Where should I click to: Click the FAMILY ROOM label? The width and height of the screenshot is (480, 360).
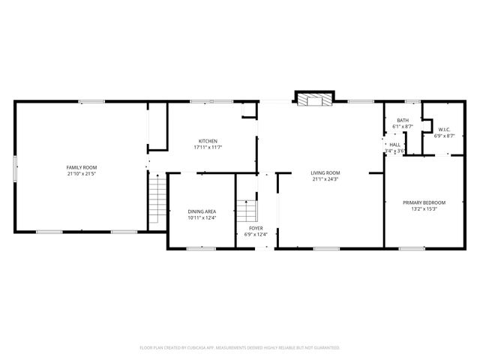(81, 167)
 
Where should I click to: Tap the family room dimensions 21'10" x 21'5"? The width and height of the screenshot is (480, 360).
(81, 173)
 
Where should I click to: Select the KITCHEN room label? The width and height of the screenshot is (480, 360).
(208, 141)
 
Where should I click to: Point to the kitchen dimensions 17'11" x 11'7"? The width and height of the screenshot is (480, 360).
(208, 147)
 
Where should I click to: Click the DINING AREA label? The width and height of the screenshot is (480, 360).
(202, 212)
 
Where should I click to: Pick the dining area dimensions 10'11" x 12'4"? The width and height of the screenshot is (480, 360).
(202, 218)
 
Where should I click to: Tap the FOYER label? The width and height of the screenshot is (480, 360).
(256, 228)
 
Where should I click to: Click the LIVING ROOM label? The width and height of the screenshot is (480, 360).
(326, 173)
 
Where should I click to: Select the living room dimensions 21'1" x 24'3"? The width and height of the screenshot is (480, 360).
(326, 179)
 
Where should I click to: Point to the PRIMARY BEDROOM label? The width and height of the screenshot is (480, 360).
(424, 202)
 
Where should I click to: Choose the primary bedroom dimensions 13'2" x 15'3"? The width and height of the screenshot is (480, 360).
(424, 208)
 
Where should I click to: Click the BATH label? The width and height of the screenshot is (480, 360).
(403, 121)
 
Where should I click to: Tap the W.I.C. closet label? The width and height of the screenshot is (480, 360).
(444, 129)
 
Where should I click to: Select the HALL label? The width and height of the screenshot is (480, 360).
(394, 145)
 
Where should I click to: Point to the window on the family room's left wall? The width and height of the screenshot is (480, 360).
(13, 167)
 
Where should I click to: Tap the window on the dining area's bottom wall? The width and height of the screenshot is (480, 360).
(201, 248)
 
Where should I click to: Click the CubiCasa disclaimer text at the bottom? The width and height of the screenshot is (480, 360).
(240, 348)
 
